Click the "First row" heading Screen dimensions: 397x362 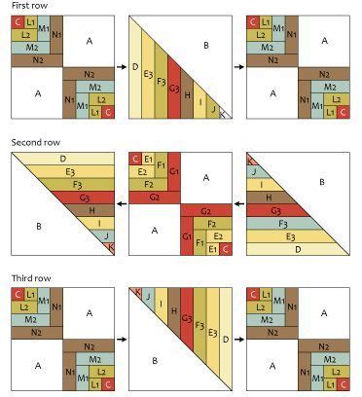click(x=28, y=7)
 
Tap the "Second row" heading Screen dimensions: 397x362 click(x=34, y=143)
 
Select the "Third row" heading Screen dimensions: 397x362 click(x=29, y=279)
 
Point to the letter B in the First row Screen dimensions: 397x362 click(x=205, y=45)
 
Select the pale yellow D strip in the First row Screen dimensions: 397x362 click(x=134, y=68)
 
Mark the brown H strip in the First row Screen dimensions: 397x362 click(x=186, y=96)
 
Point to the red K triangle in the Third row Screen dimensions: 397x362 click(x=137, y=291)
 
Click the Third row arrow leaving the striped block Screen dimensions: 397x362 click(x=239, y=342)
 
